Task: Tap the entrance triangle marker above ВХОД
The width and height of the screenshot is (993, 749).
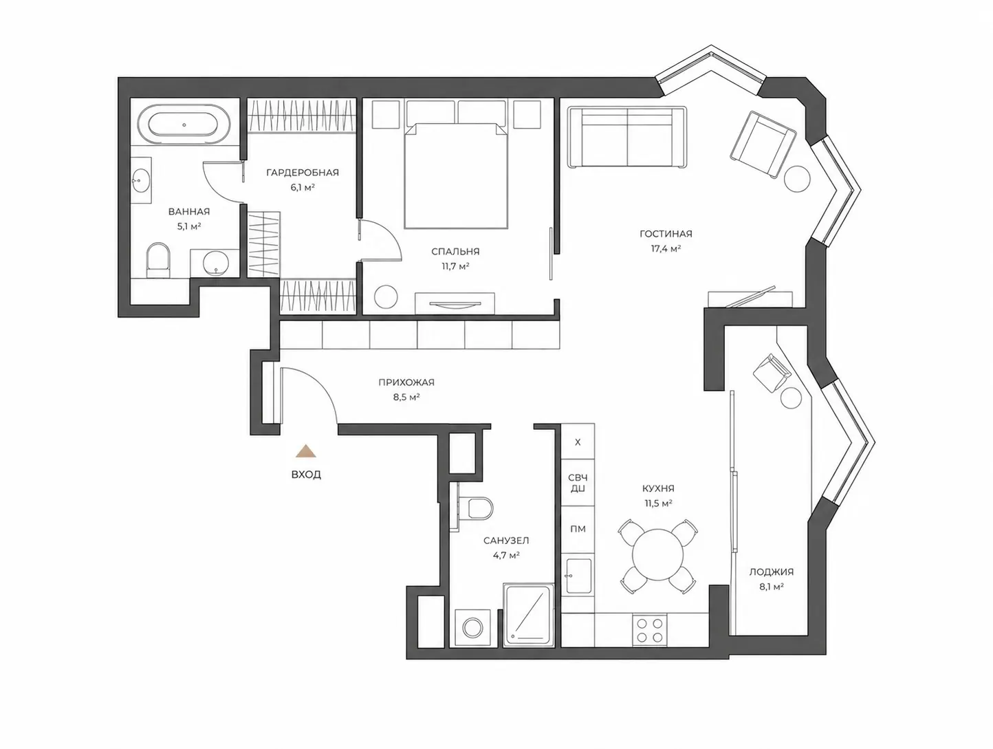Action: [x=306, y=451]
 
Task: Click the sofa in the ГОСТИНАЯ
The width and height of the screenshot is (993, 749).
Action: [x=627, y=137]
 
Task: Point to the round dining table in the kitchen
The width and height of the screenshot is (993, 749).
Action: [x=658, y=554]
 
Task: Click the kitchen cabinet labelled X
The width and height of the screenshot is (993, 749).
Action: [x=578, y=442]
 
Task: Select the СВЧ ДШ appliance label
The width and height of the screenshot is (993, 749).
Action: [x=578, y=483]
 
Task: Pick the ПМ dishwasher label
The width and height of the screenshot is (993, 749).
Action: [x=578, y=529]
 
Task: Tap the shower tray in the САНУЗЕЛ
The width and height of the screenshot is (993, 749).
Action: [x=528, y=615]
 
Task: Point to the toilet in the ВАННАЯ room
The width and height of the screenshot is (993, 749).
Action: [x=157, y=259]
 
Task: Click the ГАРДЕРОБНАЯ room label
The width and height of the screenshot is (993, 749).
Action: [x=302, y=173]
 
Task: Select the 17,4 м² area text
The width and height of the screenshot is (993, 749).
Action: [x=666, y=248]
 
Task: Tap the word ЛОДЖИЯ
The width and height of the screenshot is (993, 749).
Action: [x=772, y=572]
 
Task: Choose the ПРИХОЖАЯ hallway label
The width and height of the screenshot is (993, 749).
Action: [x=406, y=382]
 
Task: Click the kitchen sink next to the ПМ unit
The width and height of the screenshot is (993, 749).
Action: [x=578, y=576]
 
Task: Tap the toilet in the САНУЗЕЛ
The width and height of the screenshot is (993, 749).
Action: [x=478, y=508]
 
